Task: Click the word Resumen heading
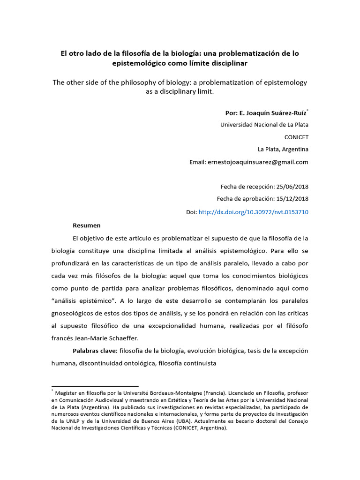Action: click(86, 225)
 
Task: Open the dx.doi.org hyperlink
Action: click(253, 212)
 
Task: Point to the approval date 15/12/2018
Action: click(292, 199)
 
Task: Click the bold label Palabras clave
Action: click(95, 351)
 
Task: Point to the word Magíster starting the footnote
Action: click(67, 393)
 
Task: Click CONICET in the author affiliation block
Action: click(296, 137)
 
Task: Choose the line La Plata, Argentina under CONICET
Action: click(283, 150)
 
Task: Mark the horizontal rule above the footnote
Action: click(95, 386)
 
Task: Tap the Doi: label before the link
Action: click(191, 212)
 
